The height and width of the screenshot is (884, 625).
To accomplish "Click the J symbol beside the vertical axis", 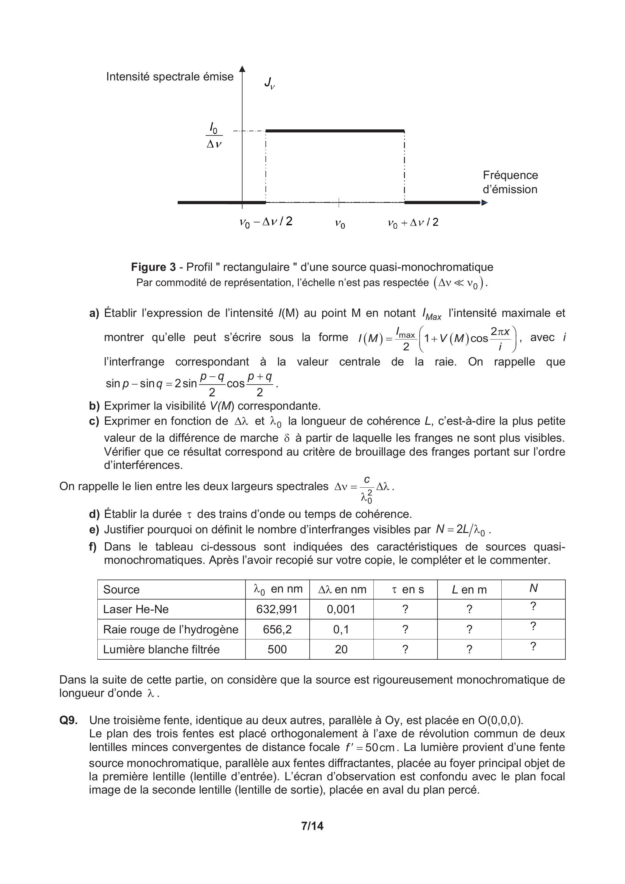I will (x=269, y=83).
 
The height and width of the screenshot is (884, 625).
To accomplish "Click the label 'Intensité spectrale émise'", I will (x=170, y=76).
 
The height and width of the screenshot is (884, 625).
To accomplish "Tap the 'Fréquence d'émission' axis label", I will (x=510, y=182).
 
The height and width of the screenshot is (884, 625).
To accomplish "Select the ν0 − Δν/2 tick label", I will (x=266, y=222).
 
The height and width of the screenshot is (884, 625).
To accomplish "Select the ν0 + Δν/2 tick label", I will (x=413, y=223).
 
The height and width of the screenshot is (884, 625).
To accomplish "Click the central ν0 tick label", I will (x=340, y=224).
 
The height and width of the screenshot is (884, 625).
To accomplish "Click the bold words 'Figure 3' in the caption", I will (x=153, y=267).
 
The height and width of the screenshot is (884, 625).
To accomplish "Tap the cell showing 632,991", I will (x=277, y=609).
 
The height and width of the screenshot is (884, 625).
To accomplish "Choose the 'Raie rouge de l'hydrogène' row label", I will (x=171, y=629).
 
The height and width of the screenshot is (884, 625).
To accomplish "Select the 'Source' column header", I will (x=121, y=590).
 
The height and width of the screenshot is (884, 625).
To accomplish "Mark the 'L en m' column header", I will (x=469, y=590).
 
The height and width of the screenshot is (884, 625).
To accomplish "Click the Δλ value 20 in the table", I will (x=341, y=649).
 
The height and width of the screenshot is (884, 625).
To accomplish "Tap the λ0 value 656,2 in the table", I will (x=277, y=629).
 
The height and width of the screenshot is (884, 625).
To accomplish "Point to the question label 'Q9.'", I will (x=69, y=720).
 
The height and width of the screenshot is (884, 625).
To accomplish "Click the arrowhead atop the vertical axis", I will (x=242, y=69).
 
